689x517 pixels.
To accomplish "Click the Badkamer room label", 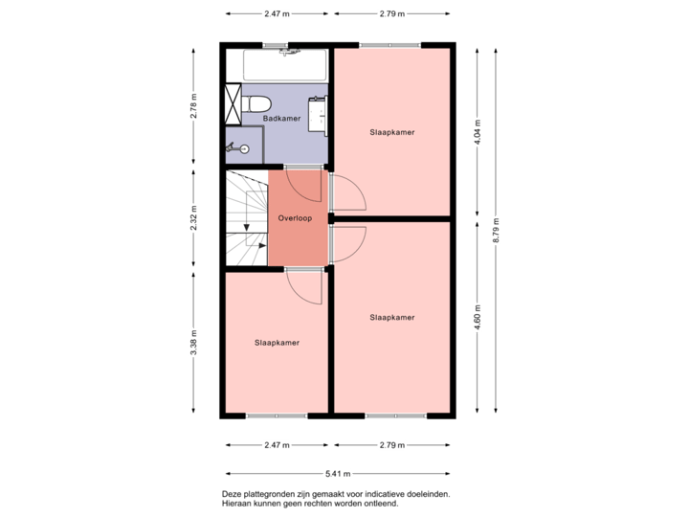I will [281, 119].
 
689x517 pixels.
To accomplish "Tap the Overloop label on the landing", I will [295, 218].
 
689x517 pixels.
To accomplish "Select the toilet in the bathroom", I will [256, 102].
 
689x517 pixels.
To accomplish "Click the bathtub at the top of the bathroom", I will [284, 65].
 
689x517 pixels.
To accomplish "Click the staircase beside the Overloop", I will [246, 218].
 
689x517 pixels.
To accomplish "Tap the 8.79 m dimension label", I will [496, 230].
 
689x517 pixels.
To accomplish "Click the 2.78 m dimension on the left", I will [193, 104].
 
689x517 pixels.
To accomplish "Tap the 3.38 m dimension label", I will [193, 342].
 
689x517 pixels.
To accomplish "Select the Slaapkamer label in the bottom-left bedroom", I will [277, 342].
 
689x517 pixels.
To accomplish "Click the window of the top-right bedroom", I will [390, 44].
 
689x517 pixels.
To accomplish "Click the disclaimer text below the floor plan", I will [335, 499].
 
